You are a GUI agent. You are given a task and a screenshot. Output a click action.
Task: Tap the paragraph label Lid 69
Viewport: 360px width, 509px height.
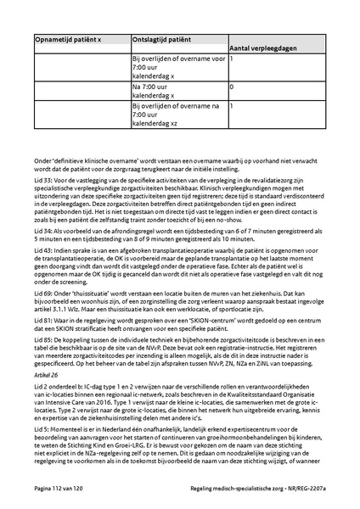(x=43, y=314)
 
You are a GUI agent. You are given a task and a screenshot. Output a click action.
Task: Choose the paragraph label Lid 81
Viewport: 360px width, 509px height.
(x=43, y=347)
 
